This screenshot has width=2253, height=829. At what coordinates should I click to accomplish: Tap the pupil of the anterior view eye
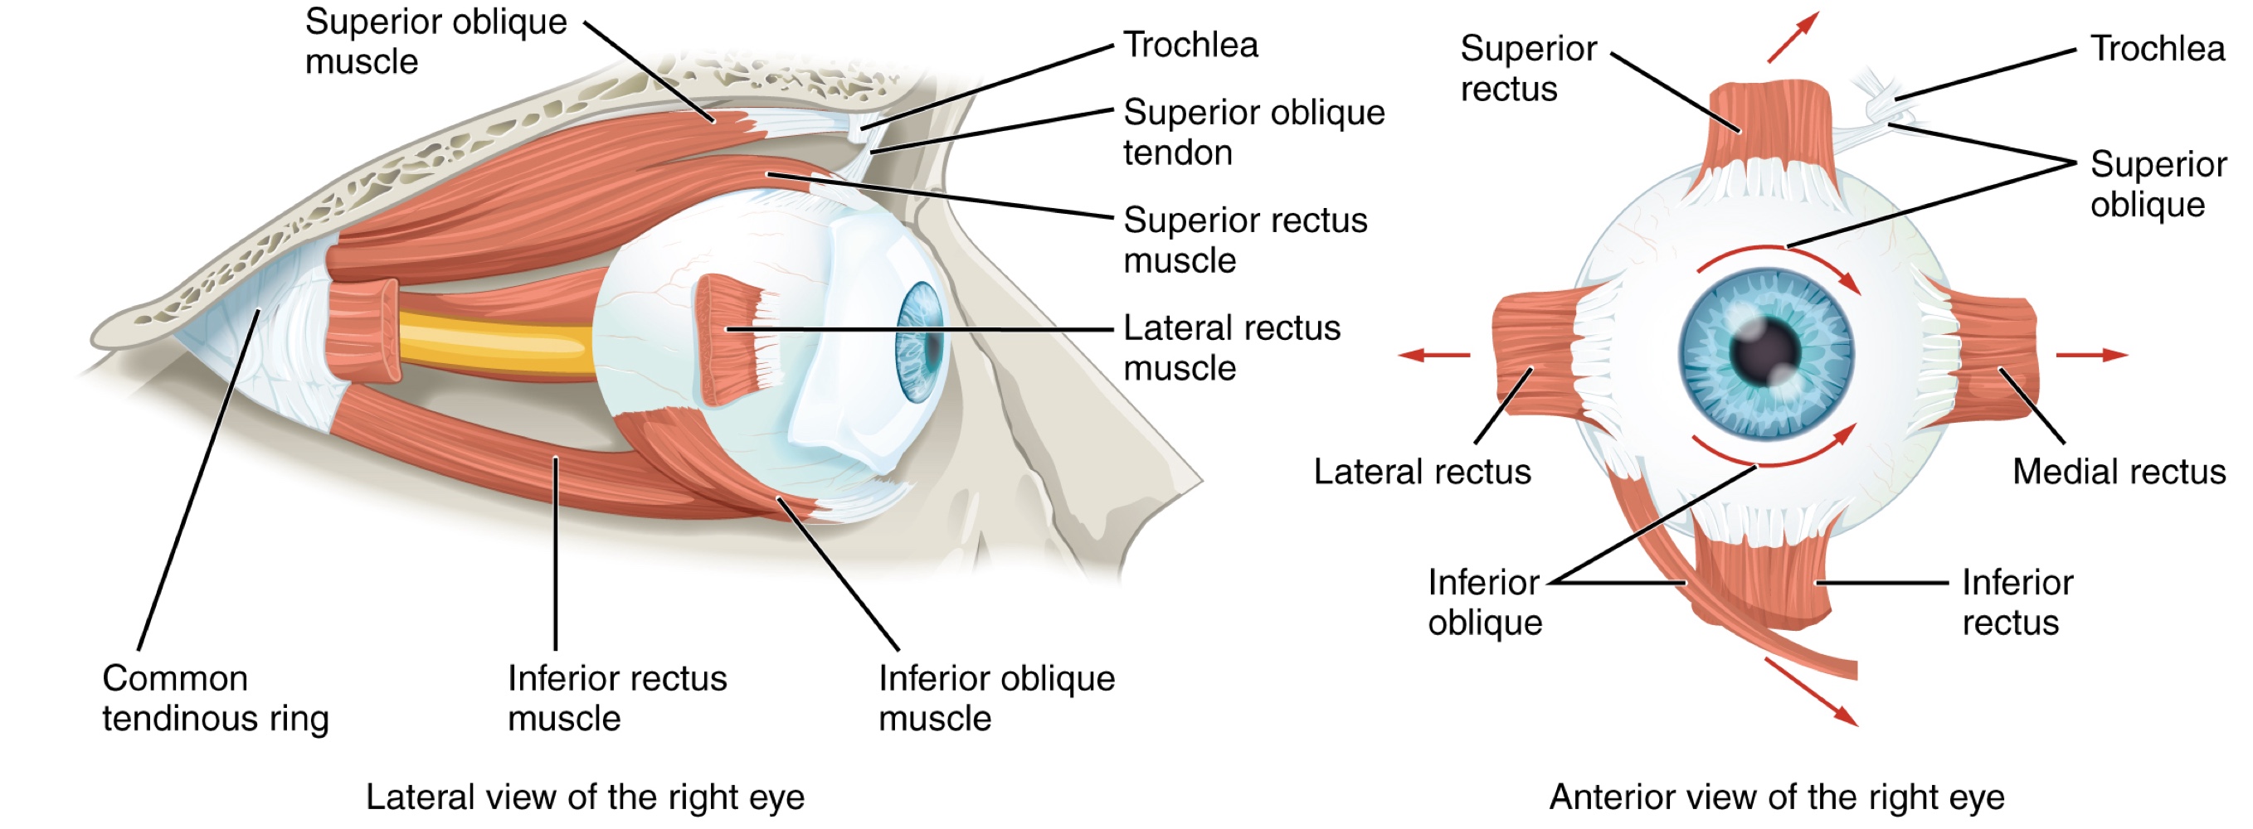1765,353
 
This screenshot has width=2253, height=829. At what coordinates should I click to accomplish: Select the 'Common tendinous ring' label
215,698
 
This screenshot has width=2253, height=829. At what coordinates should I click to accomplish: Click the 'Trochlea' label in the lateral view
1190,45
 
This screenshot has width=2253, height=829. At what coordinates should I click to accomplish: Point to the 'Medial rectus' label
2119,472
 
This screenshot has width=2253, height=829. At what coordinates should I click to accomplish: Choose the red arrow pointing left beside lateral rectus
1433,355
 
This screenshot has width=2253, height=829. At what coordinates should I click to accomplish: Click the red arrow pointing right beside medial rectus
2091,355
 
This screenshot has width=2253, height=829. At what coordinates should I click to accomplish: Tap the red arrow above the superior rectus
1792,37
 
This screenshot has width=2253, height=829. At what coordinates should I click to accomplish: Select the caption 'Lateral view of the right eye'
584,797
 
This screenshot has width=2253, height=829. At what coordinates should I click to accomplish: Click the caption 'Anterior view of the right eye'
1776,797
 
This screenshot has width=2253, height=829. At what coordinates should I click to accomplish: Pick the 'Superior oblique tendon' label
1253,132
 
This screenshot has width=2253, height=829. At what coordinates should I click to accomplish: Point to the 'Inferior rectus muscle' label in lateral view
616,698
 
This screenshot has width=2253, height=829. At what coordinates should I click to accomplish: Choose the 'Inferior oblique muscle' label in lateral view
996,698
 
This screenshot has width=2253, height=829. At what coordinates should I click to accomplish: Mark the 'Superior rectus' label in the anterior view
1527,68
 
